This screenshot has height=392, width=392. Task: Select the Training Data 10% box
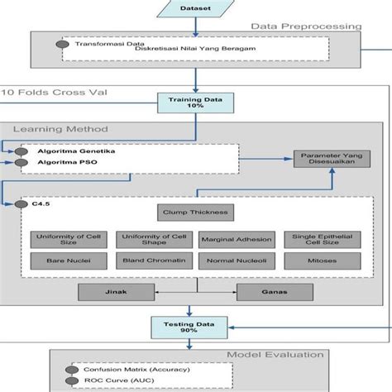[x=196, y=103]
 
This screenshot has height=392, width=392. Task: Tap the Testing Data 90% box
[x=196, y=327]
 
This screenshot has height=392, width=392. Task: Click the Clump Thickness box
[x=196, y=212]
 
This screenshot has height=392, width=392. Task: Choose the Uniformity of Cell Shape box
[x=151, y=240]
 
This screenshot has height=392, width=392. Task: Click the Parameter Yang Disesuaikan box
[x=326, y=156]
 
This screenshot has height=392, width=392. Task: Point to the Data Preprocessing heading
[x=307, y=26]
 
